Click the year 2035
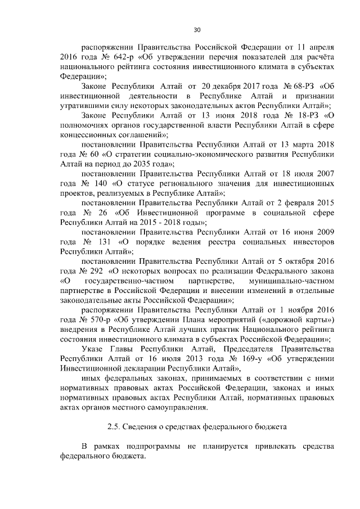point(136,164)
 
